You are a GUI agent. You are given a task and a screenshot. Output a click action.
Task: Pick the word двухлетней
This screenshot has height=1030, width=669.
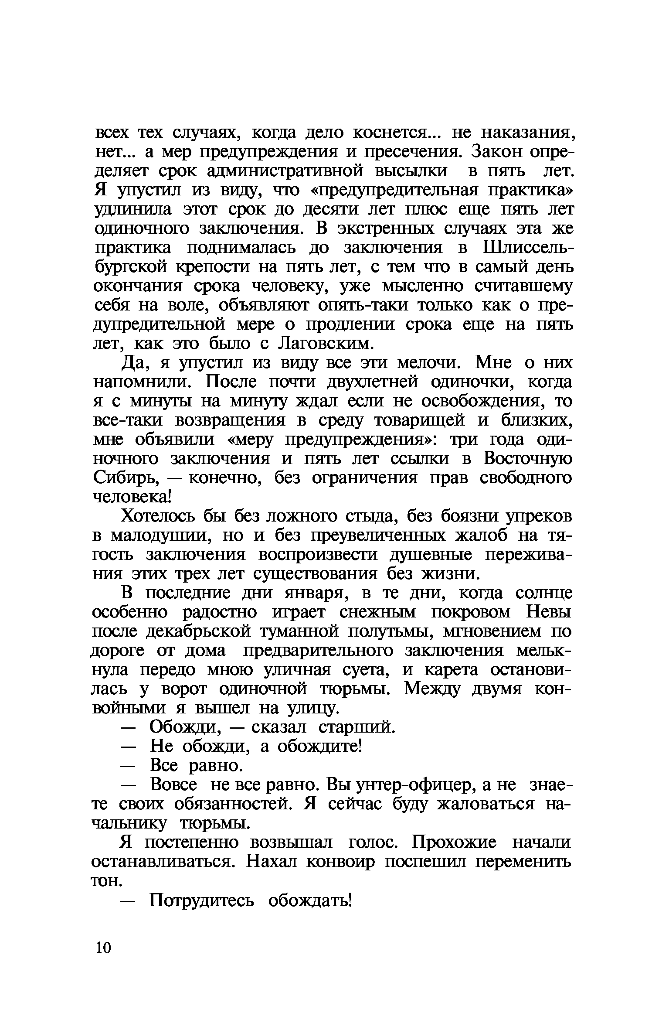[x=372, y=382]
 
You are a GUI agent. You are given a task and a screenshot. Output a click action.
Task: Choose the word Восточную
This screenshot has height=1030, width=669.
[x=527, y=459]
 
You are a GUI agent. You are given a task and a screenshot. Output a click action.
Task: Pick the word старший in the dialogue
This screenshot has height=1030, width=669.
[x=357, y=727]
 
